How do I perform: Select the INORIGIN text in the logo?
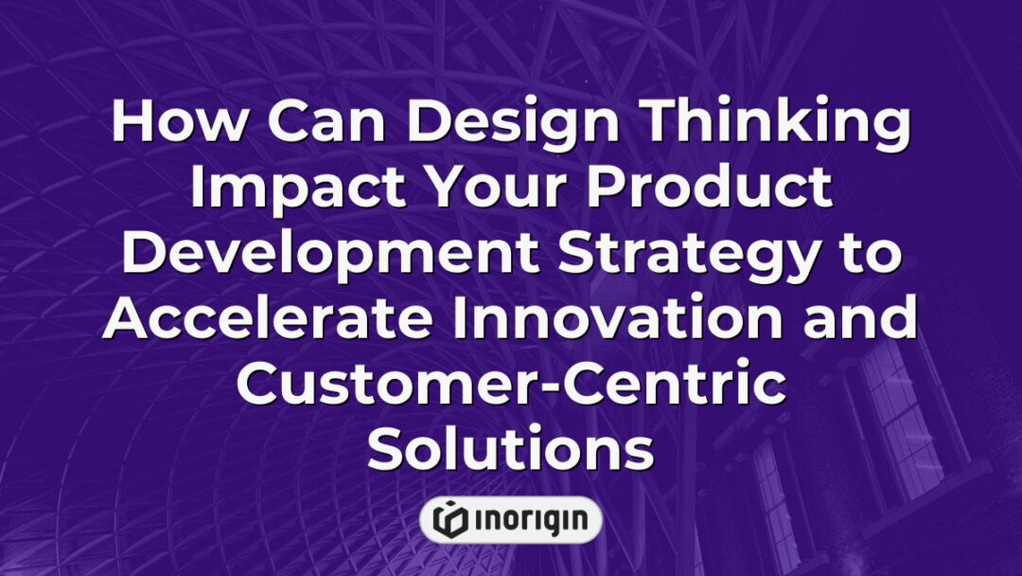tap(528, 519)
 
